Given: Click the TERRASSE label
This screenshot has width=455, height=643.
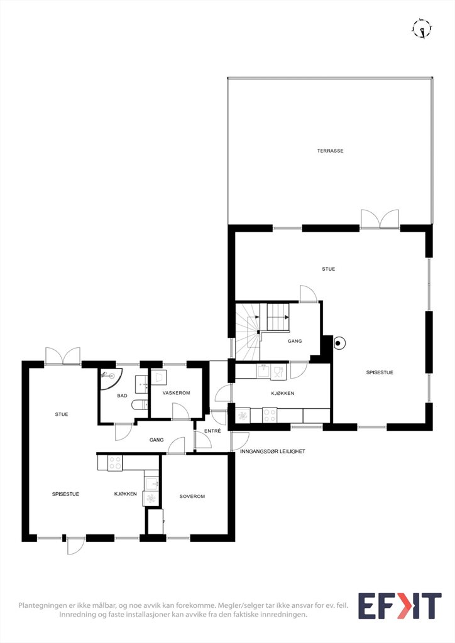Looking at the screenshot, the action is click(330, 151).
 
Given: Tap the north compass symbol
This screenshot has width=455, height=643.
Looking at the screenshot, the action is click(422, 29).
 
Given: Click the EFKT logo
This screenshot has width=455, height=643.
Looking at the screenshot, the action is click(400, 606).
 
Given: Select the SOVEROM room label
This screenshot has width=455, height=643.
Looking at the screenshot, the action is click(192, 496).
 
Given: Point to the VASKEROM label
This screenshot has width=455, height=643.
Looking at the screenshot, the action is click(176, 393).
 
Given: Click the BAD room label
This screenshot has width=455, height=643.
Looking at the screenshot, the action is click(123, 396).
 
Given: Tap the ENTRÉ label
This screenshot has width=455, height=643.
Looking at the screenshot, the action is click(212, 431).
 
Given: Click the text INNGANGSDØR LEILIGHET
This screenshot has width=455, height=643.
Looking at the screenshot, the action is click(272, 451).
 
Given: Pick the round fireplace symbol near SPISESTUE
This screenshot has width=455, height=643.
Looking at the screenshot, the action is click(339, 343).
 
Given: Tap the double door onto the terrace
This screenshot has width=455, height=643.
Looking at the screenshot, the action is click(380, 219).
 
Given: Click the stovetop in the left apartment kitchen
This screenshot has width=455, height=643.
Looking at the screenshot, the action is click(115, 463).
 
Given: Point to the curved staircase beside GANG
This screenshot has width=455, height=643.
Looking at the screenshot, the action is click(248, 332).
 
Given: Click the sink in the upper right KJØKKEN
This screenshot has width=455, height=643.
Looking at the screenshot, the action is click(264, 372).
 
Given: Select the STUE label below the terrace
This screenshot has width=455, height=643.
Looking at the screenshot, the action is click(328, 269).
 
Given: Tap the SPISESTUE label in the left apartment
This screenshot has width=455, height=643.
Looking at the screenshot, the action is click(65, 494).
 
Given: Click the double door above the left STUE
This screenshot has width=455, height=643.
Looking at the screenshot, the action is click(63, 356).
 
